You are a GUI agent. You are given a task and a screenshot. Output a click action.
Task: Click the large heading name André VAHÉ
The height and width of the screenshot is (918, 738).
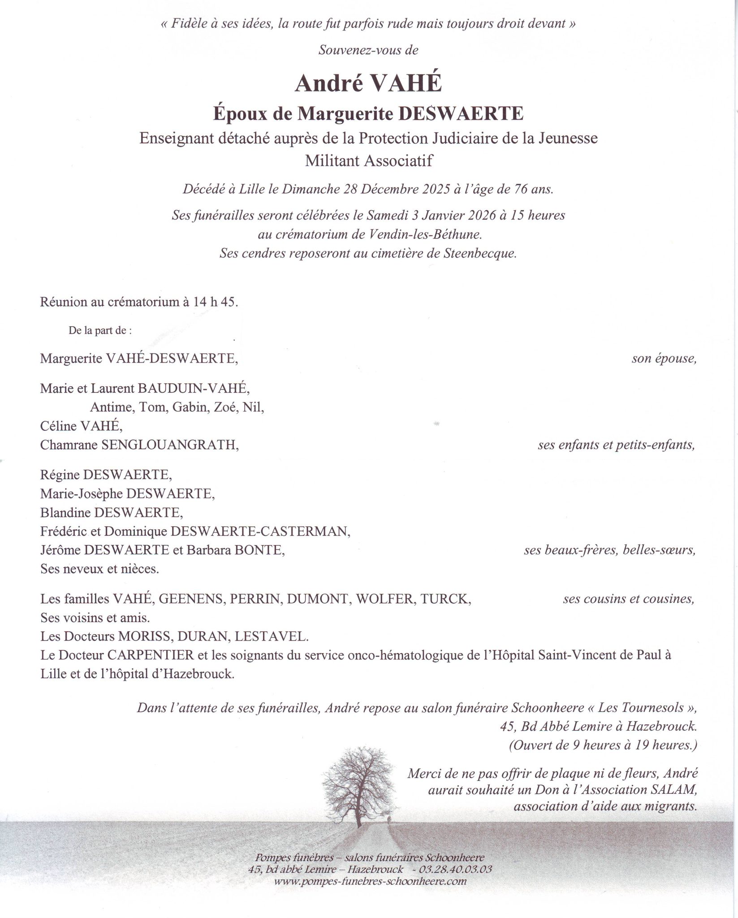coord(368,84)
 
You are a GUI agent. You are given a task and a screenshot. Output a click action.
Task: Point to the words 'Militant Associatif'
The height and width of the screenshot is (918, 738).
coord(369,160)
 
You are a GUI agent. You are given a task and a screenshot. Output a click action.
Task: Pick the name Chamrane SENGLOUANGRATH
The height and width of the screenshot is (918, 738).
coord(139,445)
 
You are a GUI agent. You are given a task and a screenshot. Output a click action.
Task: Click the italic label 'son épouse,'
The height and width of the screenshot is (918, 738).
coord(664,359)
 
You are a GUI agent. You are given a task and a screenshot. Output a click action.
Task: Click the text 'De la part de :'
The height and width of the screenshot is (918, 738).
coord(100,331)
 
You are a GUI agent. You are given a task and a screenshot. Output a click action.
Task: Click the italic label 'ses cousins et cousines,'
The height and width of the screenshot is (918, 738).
coord(629,599)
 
